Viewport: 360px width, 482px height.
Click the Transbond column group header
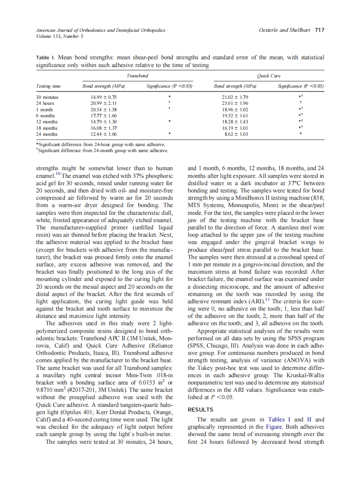[137, 76]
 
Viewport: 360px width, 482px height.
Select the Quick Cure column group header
[268, 76]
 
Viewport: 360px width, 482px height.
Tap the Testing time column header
[48, 86]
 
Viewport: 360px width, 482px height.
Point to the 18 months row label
[47, 128]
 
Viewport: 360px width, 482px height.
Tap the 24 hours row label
[45, 104]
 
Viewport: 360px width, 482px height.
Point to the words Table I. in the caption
[46, 57]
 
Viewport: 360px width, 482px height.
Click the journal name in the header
[101, 30]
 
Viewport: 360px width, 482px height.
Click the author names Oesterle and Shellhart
[285, 30]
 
